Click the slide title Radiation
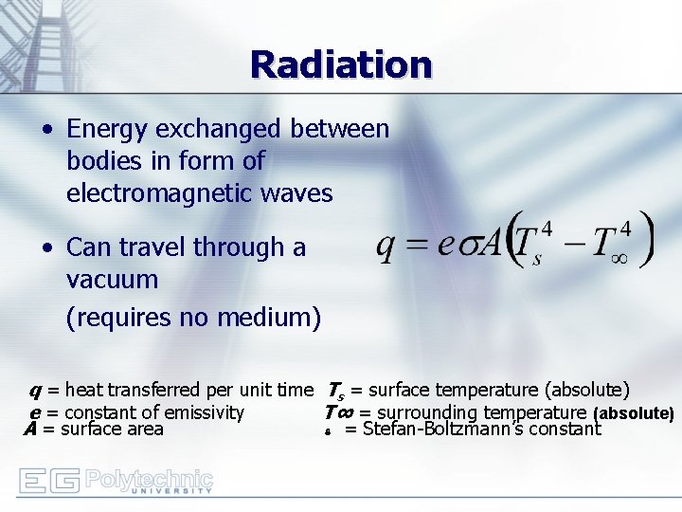tap(341, 64)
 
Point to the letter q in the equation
tap(386, 246)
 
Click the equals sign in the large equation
tap(417, 246)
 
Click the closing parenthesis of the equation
tap(647, 241)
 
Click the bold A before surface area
tap(30, 429)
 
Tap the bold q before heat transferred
tap(35, 390)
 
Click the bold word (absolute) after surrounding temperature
tap(633, 413)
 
